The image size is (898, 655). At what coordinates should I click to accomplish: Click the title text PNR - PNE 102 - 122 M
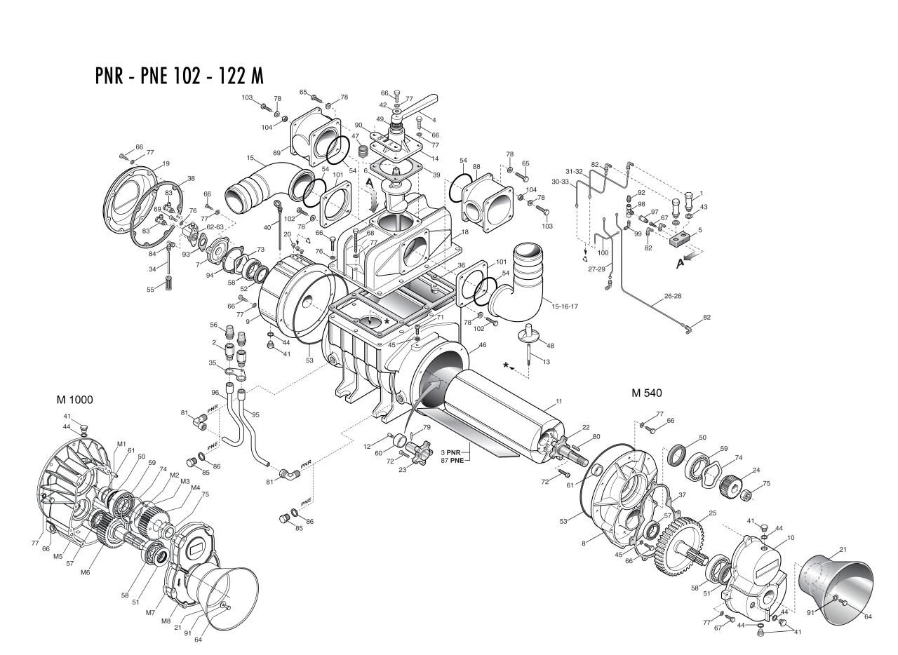179,75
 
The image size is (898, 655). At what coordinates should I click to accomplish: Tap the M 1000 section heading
74,400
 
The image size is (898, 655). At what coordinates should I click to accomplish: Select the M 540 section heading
646,393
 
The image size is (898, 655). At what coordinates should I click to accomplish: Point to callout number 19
166,163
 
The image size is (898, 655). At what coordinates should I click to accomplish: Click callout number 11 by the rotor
559,401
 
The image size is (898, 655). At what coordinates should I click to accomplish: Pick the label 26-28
672,296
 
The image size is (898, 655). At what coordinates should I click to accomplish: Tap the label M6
85,572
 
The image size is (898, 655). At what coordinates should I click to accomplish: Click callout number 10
791,537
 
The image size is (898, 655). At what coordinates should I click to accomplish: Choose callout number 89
277,153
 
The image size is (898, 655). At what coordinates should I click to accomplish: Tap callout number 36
461,265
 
